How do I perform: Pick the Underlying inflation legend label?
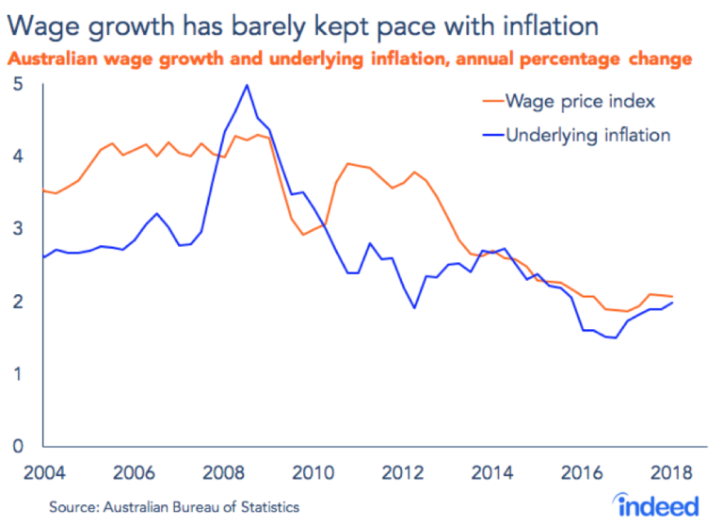click(x=587, y=135)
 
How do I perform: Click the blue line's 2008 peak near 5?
click(x=247, y=85)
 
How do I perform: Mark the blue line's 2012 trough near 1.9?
click(x=415, y=307)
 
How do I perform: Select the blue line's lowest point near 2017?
click(x=616, y=337)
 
